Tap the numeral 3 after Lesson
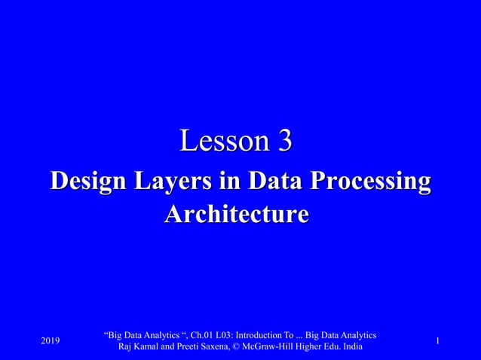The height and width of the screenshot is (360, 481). coord(285,141)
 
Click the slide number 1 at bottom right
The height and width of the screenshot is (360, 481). coord(438,343)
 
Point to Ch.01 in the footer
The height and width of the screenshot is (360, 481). coord(189,334)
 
